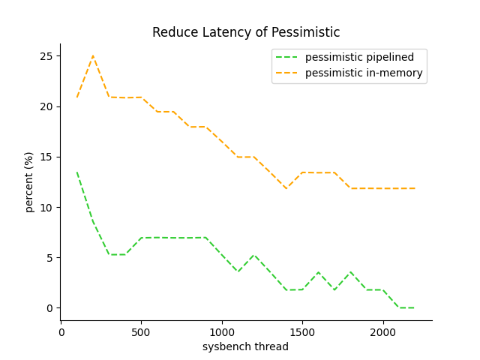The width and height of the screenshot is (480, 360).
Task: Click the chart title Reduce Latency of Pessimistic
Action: coord(246,33)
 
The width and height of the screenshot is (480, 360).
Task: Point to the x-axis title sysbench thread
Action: coord(245,346)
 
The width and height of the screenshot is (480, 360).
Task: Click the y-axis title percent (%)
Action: coord(29,182)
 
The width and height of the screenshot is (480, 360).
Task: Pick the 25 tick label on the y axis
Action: coord(46,56)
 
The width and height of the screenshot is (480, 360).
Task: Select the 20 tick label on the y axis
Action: coord(46,106)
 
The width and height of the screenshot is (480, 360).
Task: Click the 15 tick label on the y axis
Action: coord(46,157)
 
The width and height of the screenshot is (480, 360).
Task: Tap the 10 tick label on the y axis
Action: coord(46,208)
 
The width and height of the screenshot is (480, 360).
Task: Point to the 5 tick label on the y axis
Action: coord(49,258)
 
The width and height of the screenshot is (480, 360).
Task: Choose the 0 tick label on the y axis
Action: coord(49,308)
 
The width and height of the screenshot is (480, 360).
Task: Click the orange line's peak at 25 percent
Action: coord(93,56)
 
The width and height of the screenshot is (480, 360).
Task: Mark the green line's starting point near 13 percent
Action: coord(77,173)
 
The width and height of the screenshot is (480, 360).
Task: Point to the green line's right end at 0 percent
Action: coord(415,307)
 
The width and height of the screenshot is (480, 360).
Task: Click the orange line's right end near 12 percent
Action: coord(415,188)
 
